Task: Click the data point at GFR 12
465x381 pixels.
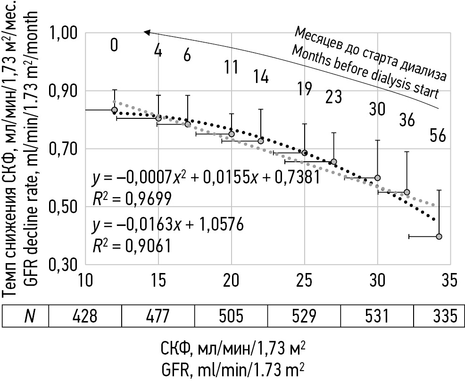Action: pos(114,110)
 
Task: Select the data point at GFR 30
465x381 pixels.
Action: pos(378,178)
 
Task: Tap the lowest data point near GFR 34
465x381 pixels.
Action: pos(439,236)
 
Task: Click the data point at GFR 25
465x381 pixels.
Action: pos(305,153)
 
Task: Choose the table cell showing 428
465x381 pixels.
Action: pos(85,315)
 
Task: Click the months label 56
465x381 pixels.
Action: pos(438,136)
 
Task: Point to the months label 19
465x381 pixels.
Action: pos(305,88)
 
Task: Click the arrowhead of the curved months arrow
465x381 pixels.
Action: pos(147,32)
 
